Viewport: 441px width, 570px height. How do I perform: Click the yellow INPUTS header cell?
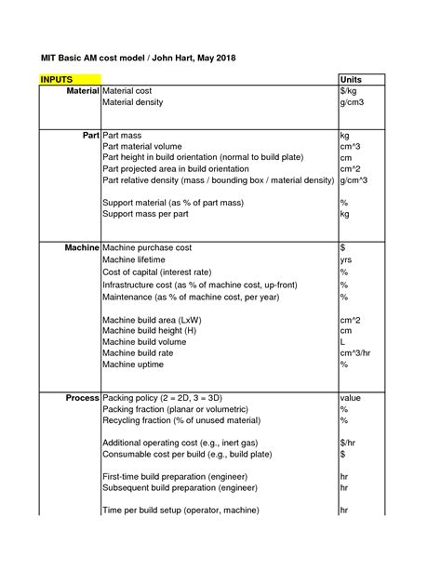pyautogui.click(x=56, y=79)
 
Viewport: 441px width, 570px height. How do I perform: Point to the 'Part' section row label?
pyautogui.click(x=91, y=136)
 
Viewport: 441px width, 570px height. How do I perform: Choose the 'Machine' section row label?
pyautogui.click(x=82, y=248)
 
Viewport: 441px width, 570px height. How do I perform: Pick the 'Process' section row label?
pyautogui.click(x=82, y=398)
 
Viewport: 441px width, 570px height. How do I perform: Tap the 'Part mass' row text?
pyautogui.click(x=124, y=136)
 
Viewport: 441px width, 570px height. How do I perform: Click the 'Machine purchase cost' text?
pyautogui.click(x=147, y=248)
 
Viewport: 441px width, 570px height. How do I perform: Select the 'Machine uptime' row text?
pyautogui.click(x=137, y=365)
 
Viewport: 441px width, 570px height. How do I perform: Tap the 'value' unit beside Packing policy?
pyautogui.click(x=350, y=398)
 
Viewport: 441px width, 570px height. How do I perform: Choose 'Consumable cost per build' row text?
pyautogui.click(x=174, y=454)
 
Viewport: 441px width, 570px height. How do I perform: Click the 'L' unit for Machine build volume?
pyautogui.click(x=342, y=342)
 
